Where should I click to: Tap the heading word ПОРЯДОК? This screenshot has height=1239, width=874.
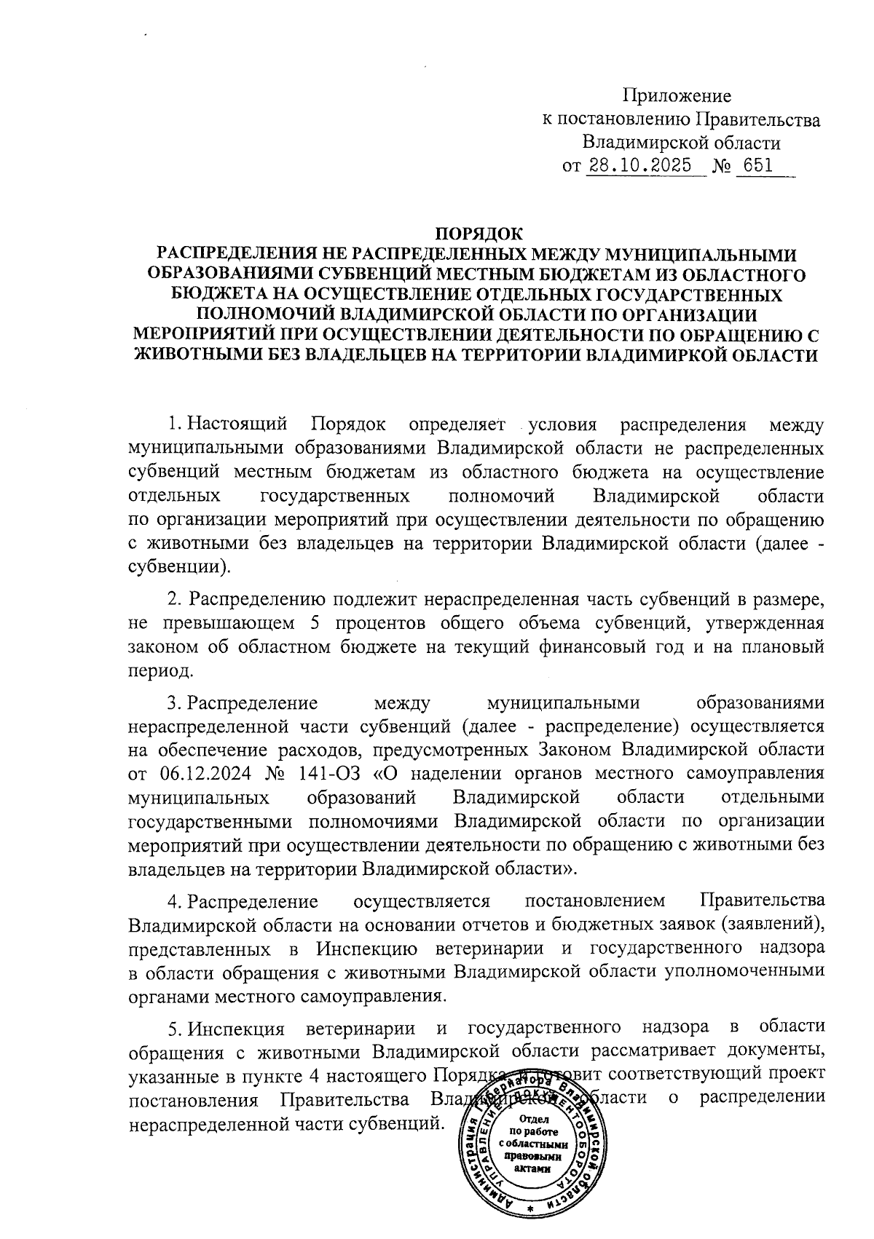479,234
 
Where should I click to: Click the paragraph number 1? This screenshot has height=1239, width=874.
173,424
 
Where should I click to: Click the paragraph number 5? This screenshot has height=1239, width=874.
173,1027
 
